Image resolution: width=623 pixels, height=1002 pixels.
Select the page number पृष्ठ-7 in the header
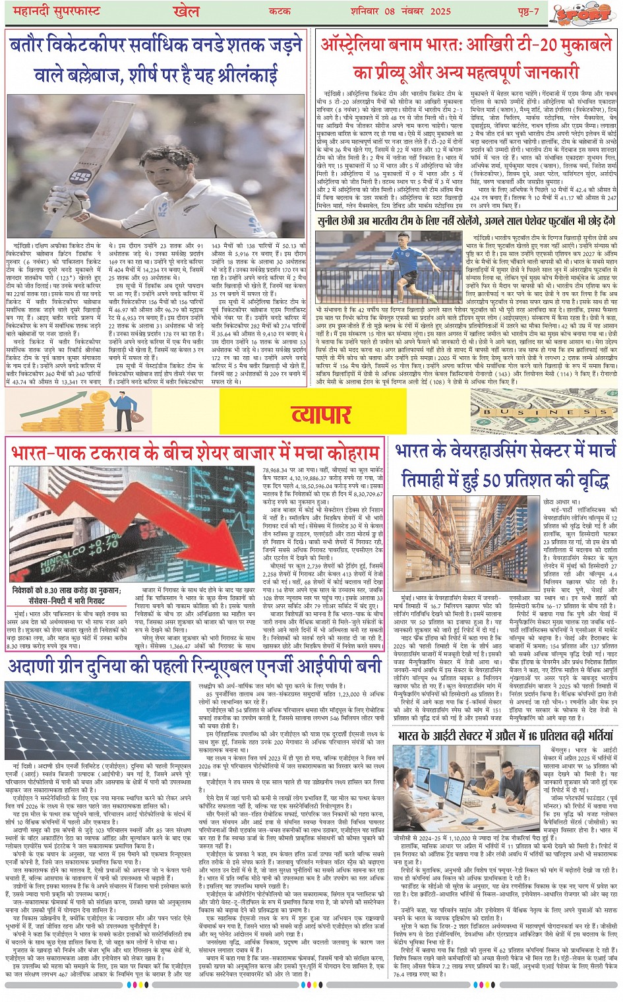pos(527,11)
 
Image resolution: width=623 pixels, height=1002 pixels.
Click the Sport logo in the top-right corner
pos(581,13)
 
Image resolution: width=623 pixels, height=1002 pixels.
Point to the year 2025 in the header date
pos(440,11)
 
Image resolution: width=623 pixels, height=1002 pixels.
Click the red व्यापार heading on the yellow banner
pos(320,414)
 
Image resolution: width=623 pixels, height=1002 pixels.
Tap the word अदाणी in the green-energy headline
pos(34,666)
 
